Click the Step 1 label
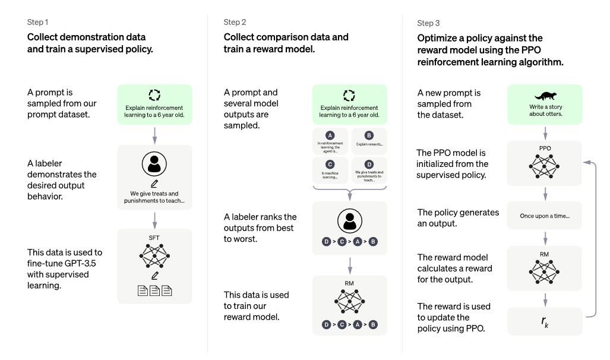click(38, 22)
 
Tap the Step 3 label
click(428, 23)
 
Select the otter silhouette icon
click(545, 96)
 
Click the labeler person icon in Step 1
click(154, 164)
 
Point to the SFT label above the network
click(154, 238)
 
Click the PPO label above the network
click(545, 149)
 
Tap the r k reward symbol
click(545, 322)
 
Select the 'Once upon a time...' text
click(545, 216)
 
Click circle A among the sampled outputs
click(330, 135)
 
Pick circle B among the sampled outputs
click(369, 135)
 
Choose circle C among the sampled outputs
click(330, 164)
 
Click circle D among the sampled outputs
click(369, 164)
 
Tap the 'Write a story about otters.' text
click(545, 110)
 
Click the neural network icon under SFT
click(154, 255)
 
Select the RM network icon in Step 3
click(544, 271)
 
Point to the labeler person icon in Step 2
click(350, 221)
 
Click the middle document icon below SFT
click(155, 290)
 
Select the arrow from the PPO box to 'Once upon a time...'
click(545, 194)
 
